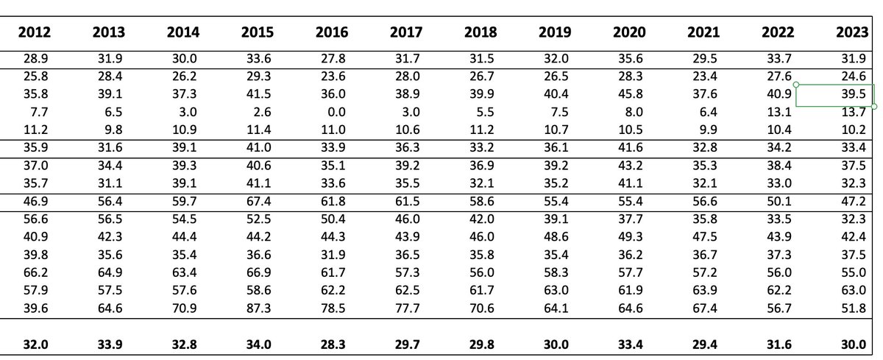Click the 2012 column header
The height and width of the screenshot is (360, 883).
coord(34,32)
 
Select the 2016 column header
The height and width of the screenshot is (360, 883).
coord(332,32)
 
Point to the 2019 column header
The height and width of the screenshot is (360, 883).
coord(555,32)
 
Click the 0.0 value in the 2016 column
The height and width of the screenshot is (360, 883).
coord(336,113)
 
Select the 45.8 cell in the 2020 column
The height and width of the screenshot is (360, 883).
coord(629,96)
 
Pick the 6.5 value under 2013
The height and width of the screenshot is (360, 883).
coord(113,113)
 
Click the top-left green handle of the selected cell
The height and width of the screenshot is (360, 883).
coord(796,85)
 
